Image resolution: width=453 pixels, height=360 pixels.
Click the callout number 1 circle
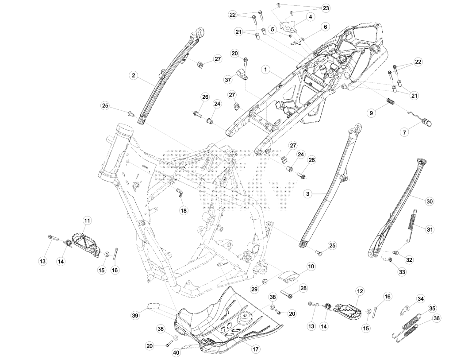[266, 70]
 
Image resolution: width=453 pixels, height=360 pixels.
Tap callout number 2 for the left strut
[133, 76]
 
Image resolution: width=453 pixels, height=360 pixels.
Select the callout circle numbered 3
[308, 194]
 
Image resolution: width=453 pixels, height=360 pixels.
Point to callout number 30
[430, 201]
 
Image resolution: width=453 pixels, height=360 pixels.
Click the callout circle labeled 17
[255, 349]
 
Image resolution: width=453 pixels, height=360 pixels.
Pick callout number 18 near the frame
[184, 210]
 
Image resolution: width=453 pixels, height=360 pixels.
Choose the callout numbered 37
[228, 79]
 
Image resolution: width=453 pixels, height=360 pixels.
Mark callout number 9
[372, 113]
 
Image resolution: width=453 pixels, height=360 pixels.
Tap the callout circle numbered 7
[404, 132]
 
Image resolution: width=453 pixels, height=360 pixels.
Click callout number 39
[135, 315]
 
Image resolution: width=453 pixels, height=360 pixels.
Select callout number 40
[176, 353]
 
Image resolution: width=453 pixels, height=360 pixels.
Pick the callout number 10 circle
[311, 266]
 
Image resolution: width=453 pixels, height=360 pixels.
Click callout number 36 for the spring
[437, 318]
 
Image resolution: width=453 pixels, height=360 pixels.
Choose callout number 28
[303, 288]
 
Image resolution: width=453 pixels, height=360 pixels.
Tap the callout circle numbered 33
[402, 272]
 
